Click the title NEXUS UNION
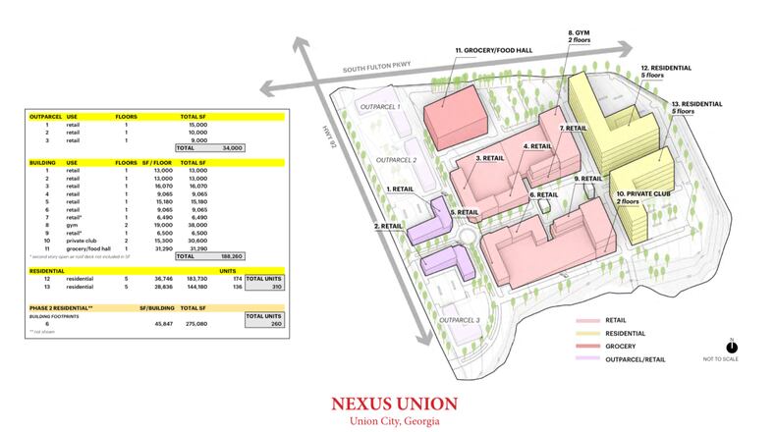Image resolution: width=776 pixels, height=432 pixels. [x=387, y=403]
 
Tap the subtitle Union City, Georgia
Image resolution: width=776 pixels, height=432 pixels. [x=387, y=420]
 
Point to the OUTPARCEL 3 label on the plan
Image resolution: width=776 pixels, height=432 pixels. [x=460, y=321]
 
